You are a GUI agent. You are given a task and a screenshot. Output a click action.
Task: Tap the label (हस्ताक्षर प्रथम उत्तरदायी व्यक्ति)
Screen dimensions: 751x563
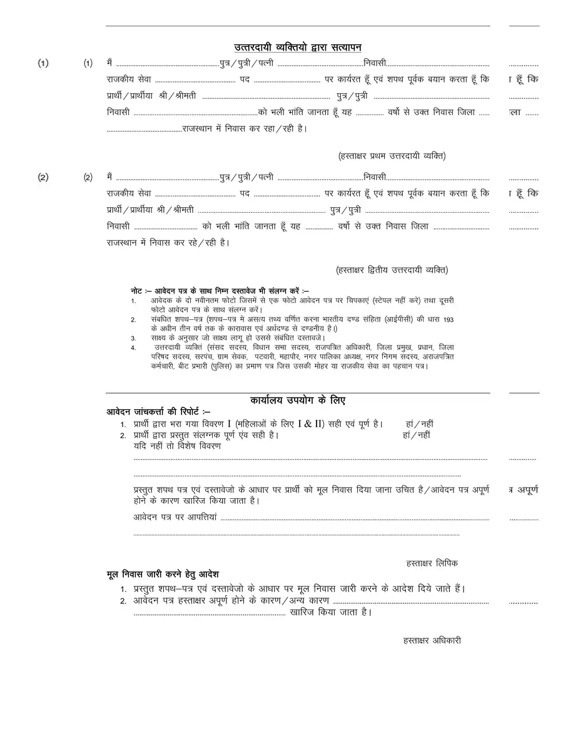391,156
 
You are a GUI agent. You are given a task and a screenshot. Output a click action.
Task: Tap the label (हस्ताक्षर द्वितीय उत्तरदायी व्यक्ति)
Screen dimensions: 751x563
392,270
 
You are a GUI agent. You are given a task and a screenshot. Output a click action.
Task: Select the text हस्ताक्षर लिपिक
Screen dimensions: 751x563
432,563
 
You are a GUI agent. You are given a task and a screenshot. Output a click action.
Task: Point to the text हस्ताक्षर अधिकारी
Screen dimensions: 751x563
432,640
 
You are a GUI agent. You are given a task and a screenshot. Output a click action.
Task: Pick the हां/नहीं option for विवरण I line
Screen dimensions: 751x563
420,424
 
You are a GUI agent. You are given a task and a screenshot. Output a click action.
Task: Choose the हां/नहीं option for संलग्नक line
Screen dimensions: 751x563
417,434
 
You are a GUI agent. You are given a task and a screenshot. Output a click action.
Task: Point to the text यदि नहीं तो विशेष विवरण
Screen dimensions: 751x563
177,446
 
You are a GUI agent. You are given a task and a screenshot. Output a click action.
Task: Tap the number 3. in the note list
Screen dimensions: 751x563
134,338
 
